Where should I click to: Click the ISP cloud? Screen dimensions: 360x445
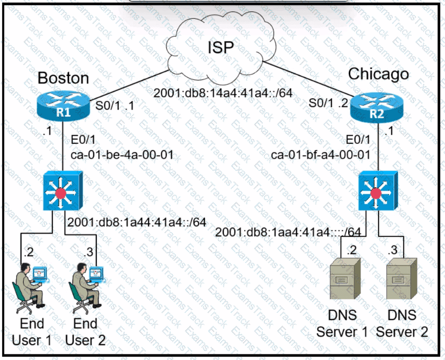221,49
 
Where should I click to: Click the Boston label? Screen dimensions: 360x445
63,78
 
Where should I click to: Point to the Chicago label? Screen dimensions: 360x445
378,74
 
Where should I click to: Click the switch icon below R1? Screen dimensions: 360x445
62,193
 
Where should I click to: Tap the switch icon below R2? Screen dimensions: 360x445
376,193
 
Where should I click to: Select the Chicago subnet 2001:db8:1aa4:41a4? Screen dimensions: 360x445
291,232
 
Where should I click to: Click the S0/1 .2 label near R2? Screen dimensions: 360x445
328,102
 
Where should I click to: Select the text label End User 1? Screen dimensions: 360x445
31,332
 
